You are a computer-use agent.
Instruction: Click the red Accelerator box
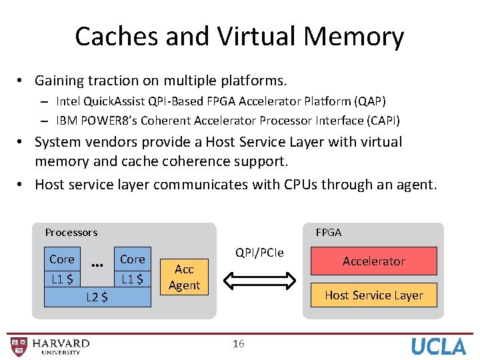[x=373, y=261]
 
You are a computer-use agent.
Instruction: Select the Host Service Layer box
[x=373, y=295]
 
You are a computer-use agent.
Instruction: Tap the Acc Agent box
[x=184, y=277]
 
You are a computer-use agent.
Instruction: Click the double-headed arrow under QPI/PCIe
[x=259, y=280]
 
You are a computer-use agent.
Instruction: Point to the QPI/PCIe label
[x=259, y=253]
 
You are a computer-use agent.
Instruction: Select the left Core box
[x=62, y=259]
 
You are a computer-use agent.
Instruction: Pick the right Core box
[x=132, y=259]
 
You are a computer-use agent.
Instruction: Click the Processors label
[x=71, y=232]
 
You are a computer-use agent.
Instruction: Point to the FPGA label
[x=329, y=232]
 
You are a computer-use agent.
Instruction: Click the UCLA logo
[x=438, y=346]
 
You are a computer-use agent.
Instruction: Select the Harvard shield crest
[x=19, y=346]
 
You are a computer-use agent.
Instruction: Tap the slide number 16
[x=239, y=343]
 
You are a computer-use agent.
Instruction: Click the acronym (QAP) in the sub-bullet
[x=370, y=101]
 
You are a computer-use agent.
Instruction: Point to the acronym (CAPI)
[x=380, y=120]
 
